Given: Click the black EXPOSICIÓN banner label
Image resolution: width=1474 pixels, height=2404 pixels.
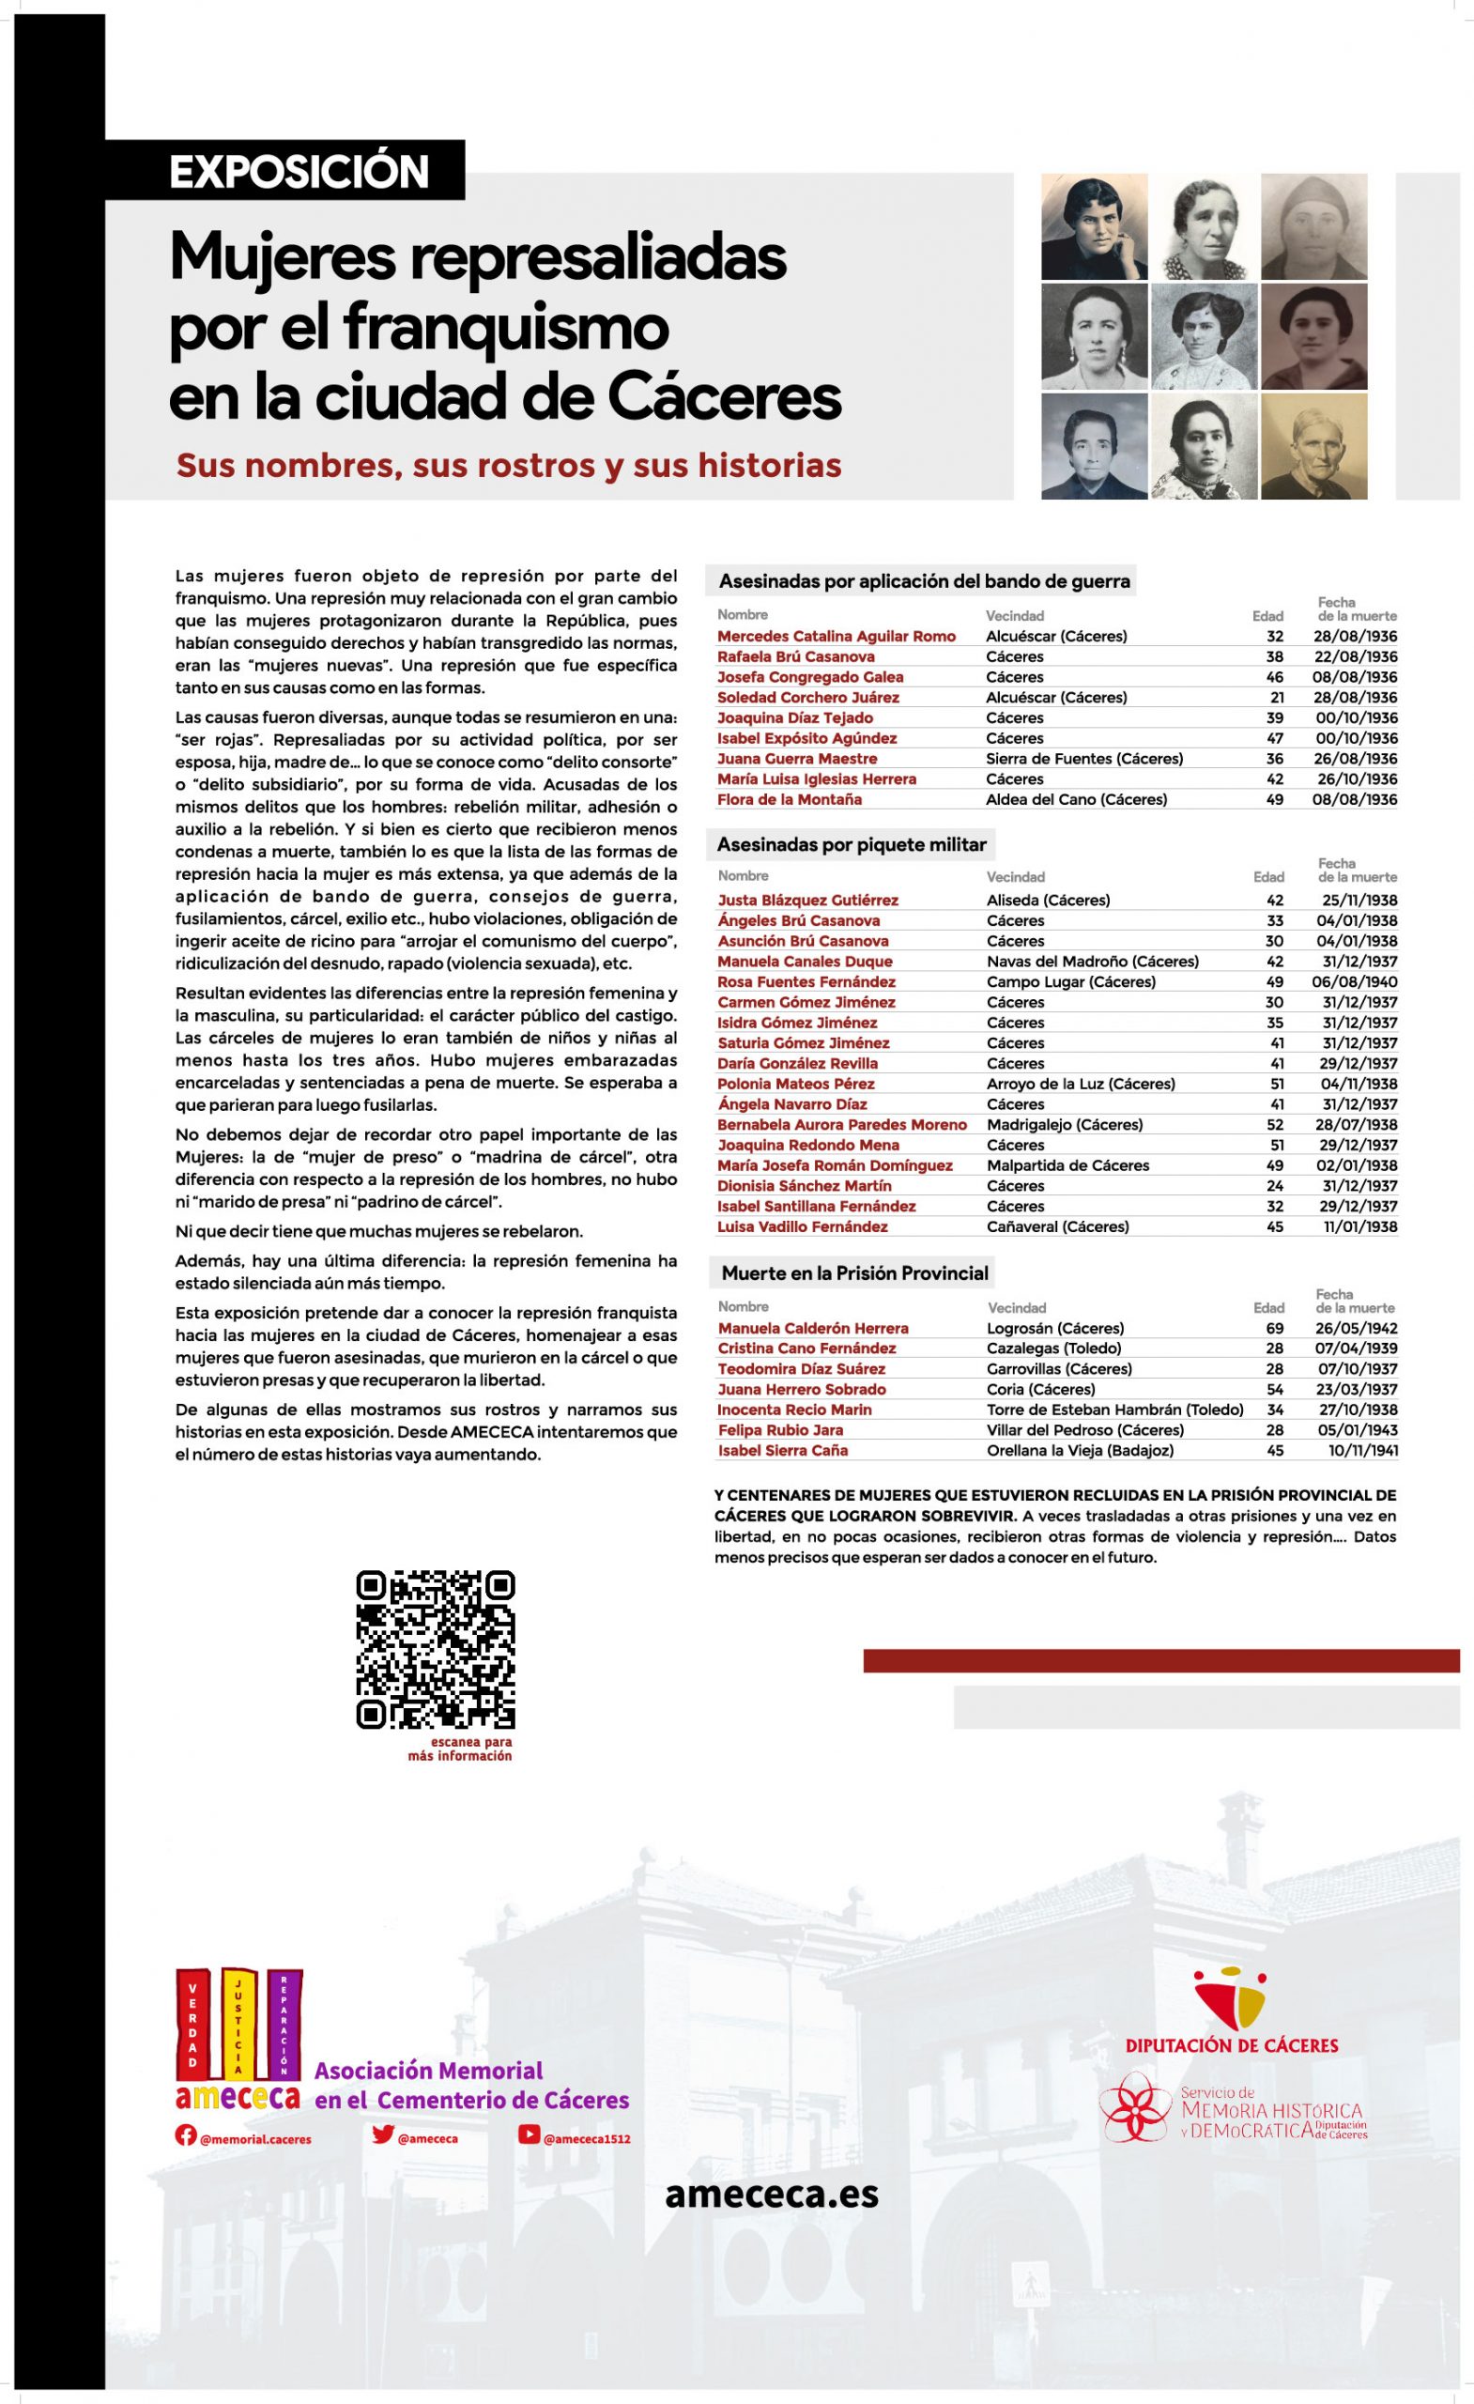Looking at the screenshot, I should point(299,171).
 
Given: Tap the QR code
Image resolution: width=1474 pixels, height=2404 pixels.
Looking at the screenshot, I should point(435,1649).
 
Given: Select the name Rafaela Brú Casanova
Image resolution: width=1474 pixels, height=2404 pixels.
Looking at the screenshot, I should point(795,656).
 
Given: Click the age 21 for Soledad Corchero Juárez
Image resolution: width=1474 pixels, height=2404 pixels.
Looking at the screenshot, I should point(1276,698).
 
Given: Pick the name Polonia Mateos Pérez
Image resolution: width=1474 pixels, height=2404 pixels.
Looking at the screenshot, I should point(795,1084).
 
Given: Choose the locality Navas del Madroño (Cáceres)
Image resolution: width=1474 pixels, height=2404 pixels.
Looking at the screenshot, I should point(1092,961).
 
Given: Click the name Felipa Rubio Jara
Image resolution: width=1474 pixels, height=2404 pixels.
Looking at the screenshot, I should point(779,1430).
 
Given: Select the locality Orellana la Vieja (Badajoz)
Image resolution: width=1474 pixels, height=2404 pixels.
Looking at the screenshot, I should point(1080,1451).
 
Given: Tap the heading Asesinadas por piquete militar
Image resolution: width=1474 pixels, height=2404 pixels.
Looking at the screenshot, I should point(851,845).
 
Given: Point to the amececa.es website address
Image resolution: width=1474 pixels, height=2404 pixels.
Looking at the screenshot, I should point(771,2195).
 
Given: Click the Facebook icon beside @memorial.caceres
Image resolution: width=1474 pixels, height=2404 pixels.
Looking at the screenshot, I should point(185,2135).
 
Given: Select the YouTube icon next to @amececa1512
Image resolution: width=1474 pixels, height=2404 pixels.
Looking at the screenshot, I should point(528,2135).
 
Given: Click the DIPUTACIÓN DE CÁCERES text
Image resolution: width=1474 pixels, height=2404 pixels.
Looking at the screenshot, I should point(1231,2045).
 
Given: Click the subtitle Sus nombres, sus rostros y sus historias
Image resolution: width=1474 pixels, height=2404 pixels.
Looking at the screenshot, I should point(508,466).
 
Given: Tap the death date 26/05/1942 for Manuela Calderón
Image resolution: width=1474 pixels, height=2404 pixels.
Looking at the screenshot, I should point(1355,1328).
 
